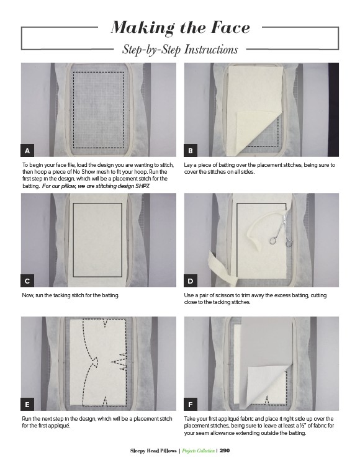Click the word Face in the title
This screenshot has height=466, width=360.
pos(230,27)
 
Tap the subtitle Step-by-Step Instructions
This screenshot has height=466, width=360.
pos(180,50)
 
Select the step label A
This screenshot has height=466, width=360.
pos(27,151)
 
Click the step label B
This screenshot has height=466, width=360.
pos(191,151)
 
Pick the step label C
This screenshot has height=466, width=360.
pos(27,281)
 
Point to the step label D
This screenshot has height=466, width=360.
pos(191,281)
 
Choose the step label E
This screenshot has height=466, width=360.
pos(27,405)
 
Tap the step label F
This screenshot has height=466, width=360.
pos(191,405)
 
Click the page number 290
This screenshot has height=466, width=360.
pos(225,450)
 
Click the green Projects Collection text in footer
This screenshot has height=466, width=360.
pos(198,451)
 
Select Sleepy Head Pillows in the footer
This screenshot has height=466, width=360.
pos(153,450)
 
